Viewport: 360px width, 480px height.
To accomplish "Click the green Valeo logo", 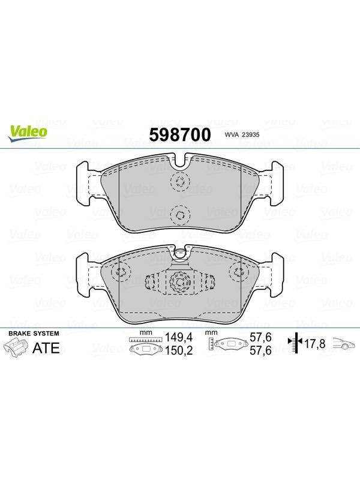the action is click(x=28, y=134).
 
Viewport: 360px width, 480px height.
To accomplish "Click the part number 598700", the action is click(x=180, y=134).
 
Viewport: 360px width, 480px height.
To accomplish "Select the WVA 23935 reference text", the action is click(x=242, y=134).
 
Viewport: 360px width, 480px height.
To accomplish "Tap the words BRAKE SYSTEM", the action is click(x=34, y=334).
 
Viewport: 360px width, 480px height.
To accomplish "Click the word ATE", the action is click(x=46, y=348).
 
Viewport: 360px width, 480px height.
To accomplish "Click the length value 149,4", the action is click(x=179, y=337).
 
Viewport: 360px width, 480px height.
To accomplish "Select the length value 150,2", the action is click(x=179, y=350).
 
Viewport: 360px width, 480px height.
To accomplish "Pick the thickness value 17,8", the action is click(x=314, y=344).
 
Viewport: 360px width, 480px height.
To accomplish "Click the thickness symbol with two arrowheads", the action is click(x=295, y=343).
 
